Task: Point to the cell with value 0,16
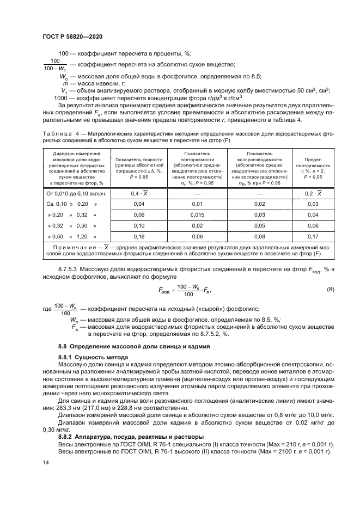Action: tap(139, 237)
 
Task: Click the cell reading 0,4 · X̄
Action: tap(139, 194)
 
